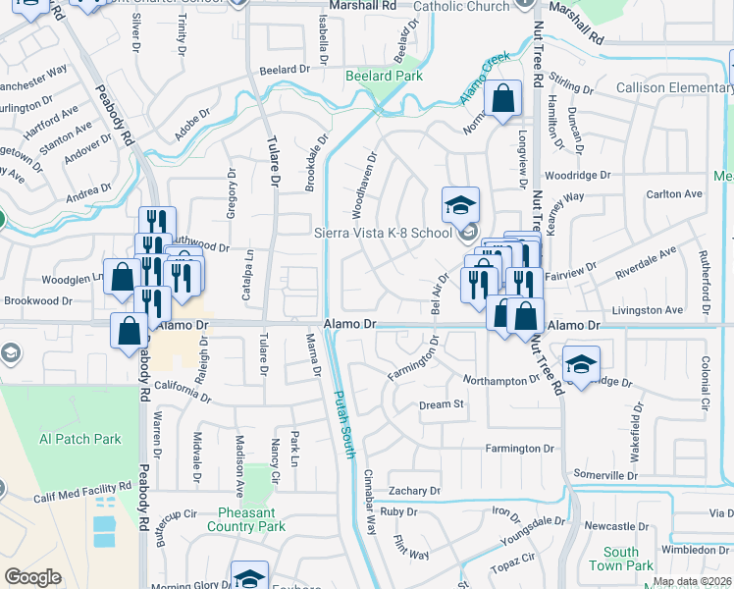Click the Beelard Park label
click(384, 76)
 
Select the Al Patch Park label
click(80, 439)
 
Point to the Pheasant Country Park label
click(246, 518)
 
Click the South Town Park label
click(621, 559)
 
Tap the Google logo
click(32, 577)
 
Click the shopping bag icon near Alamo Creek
click(502, 100)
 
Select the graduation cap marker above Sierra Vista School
click(459, 206)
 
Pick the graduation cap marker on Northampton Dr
click(581, 365)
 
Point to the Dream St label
click(441, 404)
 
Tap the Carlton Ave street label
click(674, 194)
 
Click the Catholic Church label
click(461, 7)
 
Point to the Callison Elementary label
click(674, 88)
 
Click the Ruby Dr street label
click(398, 511)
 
